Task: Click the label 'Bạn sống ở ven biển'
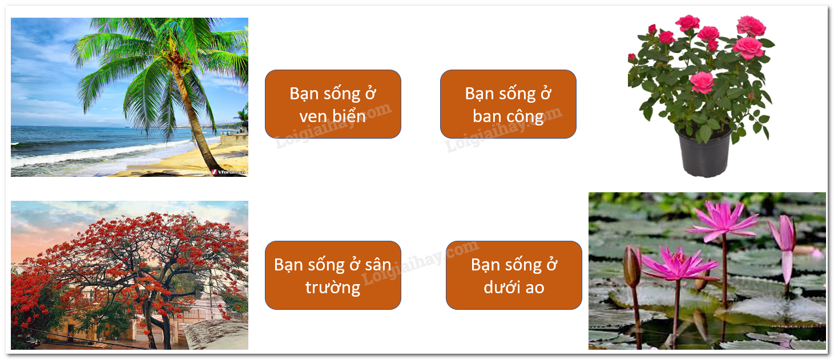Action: [333, 104]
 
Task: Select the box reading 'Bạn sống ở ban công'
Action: [508, 104]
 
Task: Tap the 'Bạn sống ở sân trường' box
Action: [333, 275]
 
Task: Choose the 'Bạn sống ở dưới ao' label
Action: [514, 275]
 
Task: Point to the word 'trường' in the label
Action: [333, 288]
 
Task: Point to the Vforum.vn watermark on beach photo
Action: [228, 172]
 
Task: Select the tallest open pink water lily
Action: [722, 220]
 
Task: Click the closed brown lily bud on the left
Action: [632, 266]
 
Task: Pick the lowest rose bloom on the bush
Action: [702, 82]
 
